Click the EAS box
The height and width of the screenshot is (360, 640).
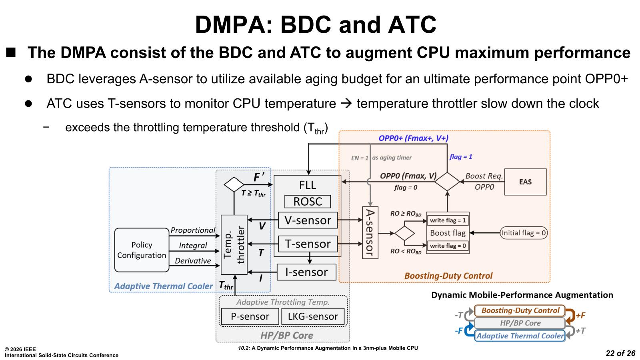(x=525, y=182)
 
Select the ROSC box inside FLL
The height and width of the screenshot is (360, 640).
(x=308, y=202)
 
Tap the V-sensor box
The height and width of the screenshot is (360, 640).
(x=308, y=220)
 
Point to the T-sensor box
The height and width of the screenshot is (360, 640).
(x=308, y=244)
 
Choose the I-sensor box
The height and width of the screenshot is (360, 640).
(x=306, y=272)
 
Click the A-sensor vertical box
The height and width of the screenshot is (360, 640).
(x=370, y=232)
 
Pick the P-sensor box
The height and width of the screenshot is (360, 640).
(x=250, y=316)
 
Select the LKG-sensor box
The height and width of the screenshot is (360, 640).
(x=313, y=316)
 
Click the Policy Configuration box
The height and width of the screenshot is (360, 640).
(x=142, y=250)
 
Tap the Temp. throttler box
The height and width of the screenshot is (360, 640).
(x=234, y=245)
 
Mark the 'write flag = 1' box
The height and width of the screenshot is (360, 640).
(x=448, y=220)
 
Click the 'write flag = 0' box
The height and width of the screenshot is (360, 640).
(x=448, y=246)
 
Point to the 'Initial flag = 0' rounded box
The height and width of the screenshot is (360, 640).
(x=524, y=233)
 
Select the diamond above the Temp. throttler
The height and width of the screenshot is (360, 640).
(x=234, y=184)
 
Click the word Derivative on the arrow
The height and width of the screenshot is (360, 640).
(x=193, y=261)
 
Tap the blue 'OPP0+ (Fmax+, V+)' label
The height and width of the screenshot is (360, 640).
(x=413, y=138)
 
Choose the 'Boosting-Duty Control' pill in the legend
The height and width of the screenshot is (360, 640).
(x=520, y=310)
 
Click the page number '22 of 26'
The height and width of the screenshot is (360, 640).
(x=620, y=353)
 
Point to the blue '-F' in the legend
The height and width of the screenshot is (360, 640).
(x=459, y=331)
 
